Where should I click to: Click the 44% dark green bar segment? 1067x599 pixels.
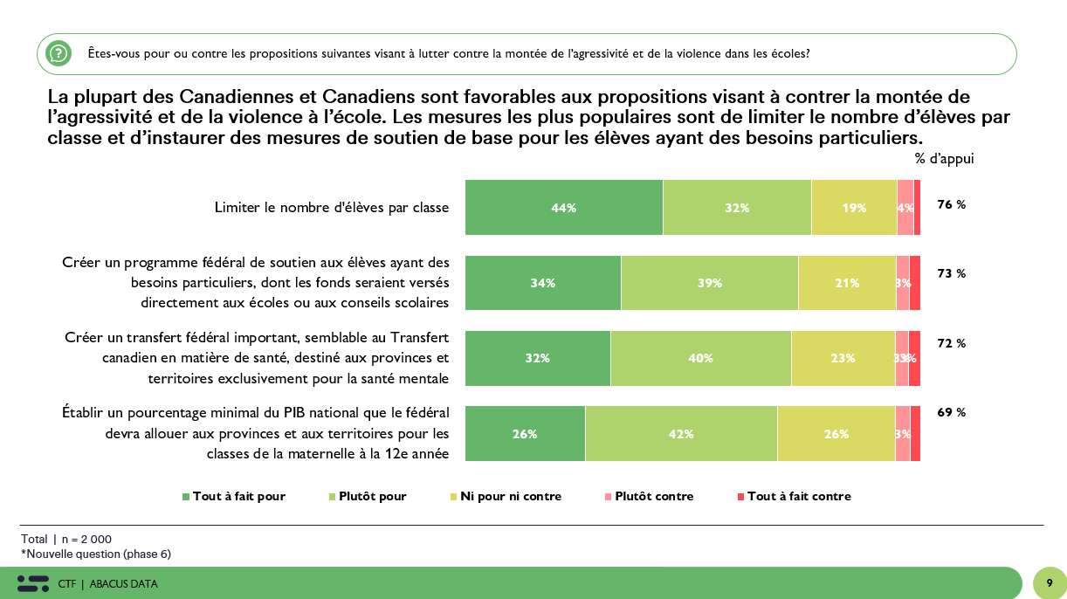[x=563, y=208]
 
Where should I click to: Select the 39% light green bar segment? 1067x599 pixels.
[x=709, y=283]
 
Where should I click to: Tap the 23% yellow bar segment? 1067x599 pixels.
[x=843, y=358]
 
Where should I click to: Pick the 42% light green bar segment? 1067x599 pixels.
[x=681, y=434]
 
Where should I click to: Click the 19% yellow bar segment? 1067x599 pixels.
[x=854, y=208]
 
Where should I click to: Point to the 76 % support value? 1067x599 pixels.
[x=951, y=204]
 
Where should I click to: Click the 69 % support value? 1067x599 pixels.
[x=951, y=412]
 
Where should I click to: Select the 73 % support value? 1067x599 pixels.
[x=951, y=273]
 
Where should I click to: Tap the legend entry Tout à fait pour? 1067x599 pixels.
[x=234, y=497]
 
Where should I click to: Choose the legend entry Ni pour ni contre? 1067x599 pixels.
[x=506, y=497]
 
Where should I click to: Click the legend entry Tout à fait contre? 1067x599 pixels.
[x=794, y=497]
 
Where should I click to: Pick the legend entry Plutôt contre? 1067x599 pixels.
[x=649, y=497]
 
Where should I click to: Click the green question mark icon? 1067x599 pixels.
[x=59, y=53]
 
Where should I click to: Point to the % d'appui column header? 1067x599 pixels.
[x=944, y=159]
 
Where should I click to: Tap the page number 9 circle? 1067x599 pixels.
[x=1050, y=583]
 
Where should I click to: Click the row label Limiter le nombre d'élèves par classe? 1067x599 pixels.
[x=332, y=208]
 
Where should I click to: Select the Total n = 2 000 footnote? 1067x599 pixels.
[x=66, y=540]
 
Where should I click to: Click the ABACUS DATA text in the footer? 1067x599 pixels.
[x=123, y=584]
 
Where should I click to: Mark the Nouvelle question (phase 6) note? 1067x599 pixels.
[x=96, y=554]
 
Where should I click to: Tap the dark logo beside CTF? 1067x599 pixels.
[x=33, y=583]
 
